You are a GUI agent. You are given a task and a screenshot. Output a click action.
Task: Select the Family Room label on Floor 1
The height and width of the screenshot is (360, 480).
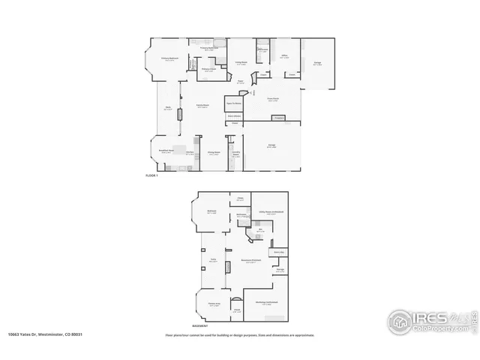[x=202, y=106]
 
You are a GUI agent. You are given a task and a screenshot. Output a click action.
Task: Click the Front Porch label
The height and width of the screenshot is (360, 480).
[x=274, y=99]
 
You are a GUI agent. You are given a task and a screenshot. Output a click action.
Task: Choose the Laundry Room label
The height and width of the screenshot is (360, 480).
[x=235, y=153]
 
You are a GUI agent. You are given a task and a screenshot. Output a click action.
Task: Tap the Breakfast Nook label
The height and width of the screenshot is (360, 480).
[x=166, y=151]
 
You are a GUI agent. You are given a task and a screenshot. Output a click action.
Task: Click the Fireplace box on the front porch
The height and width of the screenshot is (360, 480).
[x=278, y=118]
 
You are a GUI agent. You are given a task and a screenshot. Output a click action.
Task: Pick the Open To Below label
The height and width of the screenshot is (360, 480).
[x=234, y=103]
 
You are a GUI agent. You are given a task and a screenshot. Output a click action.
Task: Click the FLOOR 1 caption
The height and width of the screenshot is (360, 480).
[x=153, y=175]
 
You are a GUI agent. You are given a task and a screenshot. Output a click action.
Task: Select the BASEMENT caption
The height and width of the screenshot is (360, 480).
[x=200, y=326]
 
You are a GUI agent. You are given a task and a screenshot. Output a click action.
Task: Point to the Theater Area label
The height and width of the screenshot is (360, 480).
[x=214, y=305]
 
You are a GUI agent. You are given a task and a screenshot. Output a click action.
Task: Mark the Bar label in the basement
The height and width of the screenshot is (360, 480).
[x=259, y=232]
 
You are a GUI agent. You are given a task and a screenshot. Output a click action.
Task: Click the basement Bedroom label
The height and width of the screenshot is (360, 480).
[x=212, y=212]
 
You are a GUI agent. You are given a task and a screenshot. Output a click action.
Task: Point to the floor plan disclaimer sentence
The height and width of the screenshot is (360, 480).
[x=239, y=335]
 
